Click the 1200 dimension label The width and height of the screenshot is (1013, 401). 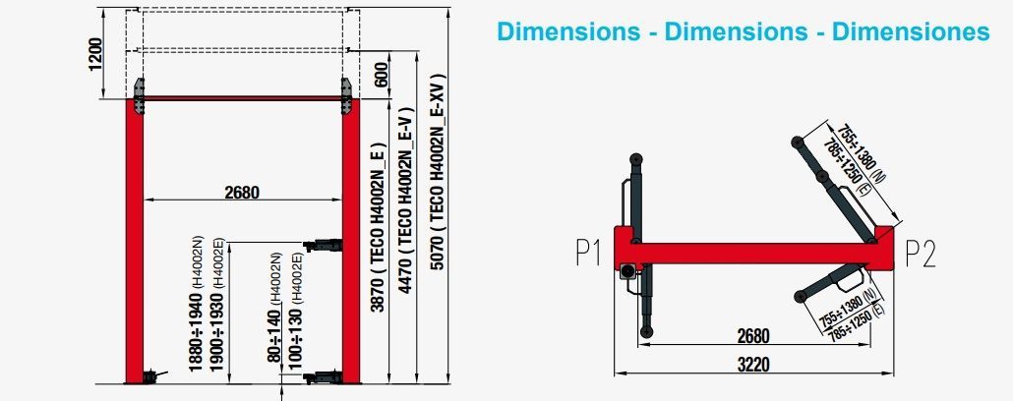(95, 55)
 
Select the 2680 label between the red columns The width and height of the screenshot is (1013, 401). (242, 193)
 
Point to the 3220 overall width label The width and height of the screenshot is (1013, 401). (753, 365)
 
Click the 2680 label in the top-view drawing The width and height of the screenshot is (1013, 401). (753, 336)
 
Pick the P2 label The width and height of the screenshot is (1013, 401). (920, 253)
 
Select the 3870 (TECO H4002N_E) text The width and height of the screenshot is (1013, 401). (378, 227)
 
